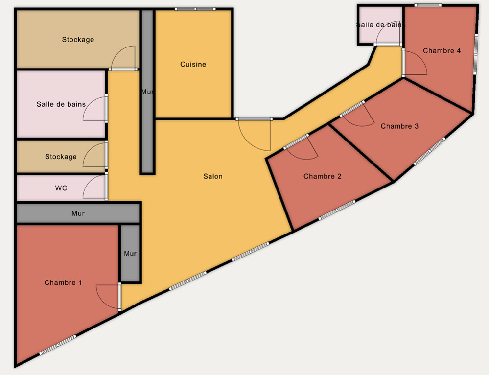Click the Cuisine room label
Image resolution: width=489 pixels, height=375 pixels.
[193, 64]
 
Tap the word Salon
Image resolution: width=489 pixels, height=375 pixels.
[213, 176]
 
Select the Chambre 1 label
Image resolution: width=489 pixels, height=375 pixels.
[63, 282]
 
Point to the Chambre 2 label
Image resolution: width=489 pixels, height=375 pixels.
[323, 176]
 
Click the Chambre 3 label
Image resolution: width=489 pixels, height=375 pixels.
[399, 126]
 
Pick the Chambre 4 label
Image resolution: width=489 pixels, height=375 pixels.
[442, 50]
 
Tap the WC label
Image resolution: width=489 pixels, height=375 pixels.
[61, 188]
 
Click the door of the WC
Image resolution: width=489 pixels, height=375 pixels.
[95, 186]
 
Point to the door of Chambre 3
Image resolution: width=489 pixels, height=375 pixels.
[357, 114]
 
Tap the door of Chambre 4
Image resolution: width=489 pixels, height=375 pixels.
[415, 62]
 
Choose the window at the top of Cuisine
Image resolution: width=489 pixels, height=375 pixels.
[195, 9]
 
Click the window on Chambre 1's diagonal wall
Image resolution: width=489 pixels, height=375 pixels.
[58, 345]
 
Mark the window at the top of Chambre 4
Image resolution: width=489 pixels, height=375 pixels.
[428, 5]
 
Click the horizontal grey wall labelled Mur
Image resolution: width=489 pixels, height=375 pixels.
[78, 213]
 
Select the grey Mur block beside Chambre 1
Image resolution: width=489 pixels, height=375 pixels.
[130, 253]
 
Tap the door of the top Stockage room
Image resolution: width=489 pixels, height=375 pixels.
[123, 58]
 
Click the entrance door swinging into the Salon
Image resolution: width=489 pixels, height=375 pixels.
[254, 134]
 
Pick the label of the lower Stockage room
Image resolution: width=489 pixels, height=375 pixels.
[61, 157]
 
